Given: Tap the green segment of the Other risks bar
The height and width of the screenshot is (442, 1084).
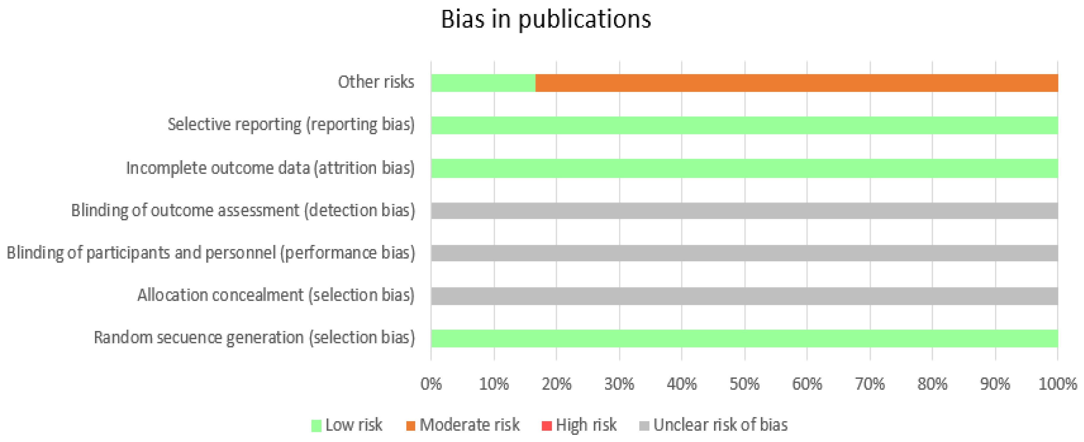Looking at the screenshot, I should click(x=483, y=83).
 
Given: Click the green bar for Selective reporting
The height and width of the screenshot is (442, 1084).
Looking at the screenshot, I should click(x=744, y=125).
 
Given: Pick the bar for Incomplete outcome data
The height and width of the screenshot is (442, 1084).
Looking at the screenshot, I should click(x=744, y=168).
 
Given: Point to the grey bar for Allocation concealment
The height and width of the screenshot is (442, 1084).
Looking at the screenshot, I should click(x=744, y=296).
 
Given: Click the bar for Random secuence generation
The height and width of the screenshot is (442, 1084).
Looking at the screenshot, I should click(x=744, y=338).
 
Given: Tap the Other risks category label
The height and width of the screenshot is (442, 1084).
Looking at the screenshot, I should click(x=376, y=82).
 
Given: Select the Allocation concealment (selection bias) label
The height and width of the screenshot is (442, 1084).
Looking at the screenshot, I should click(x=276, y=295).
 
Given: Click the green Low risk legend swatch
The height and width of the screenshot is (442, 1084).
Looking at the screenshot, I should click(x=316, y=426).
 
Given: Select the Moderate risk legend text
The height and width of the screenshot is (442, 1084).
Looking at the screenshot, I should click(x=469, y=425).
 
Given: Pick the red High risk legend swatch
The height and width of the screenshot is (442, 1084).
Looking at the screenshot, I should click(x=546, y=426).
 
